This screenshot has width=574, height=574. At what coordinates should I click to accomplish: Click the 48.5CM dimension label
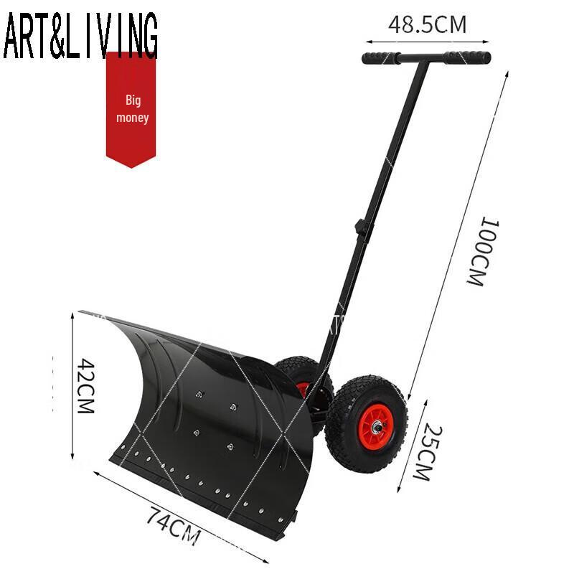click(x=427, y=24)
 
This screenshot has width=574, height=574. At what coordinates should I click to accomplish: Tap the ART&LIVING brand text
click(x=80, y=36)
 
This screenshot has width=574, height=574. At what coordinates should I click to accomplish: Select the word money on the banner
click(x=133, y=117)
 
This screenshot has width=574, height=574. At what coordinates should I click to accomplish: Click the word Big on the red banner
click(x=133, y=100)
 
